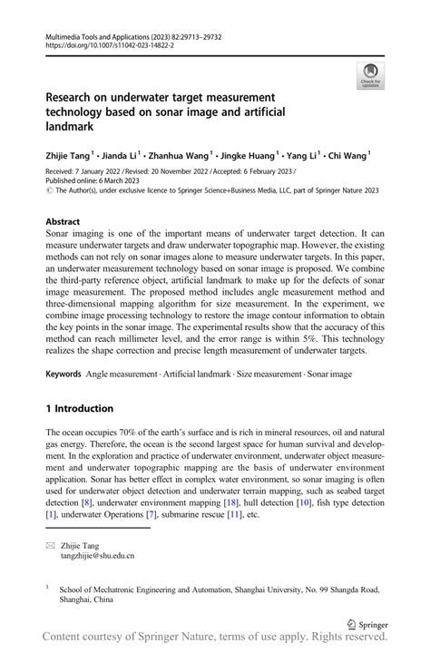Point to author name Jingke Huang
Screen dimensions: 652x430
(x=255, y=156)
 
